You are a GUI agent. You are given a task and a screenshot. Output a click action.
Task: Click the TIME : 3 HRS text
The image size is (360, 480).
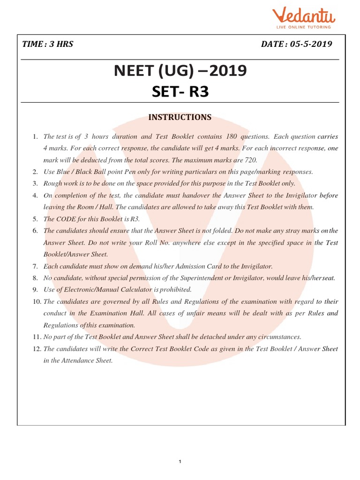click(x=48, y=45)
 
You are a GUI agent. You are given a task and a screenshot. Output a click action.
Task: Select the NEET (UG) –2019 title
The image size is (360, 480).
click(x=180, y=72)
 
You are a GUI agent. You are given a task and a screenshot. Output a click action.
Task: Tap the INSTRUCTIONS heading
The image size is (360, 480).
click(x=180, y=117)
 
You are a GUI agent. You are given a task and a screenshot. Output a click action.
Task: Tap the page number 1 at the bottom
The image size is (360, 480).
click(x=180, y=462)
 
